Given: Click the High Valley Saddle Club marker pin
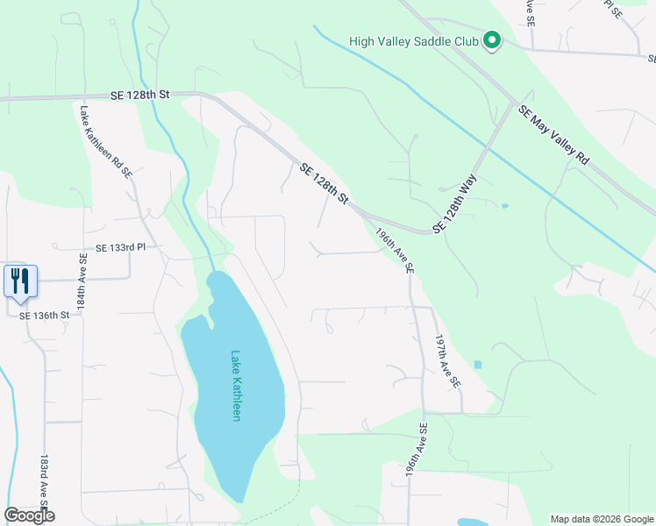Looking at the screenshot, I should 492,40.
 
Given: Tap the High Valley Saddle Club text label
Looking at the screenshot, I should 413,40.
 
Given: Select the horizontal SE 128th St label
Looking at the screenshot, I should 139,94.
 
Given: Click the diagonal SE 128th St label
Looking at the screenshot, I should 324,185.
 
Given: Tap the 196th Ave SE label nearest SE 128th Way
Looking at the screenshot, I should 394,250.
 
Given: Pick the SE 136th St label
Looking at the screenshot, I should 44,315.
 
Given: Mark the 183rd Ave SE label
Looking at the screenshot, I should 43,482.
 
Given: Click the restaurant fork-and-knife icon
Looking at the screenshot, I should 20,281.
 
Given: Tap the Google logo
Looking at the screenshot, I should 29,515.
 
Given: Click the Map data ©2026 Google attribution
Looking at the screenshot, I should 601,519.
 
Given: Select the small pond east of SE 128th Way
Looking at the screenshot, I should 503,206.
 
